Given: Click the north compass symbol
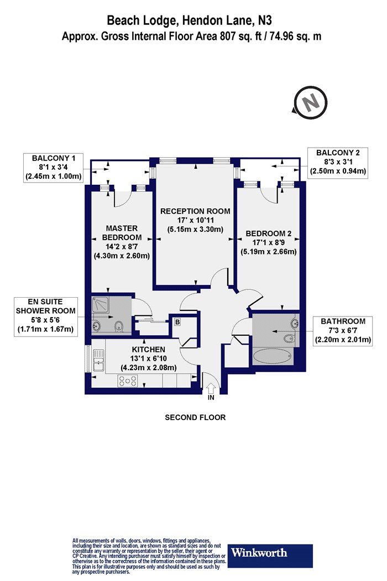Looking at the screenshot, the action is click(x=310, y=102).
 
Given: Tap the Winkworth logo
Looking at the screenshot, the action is click(x=270, y=556).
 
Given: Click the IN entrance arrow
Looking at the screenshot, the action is click(x=211, y=389).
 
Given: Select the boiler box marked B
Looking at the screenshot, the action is click(x=177, y=322).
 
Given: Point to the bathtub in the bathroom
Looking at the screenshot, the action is click(x=272, y=356).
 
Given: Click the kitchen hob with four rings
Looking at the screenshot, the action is click(x=127, y=381).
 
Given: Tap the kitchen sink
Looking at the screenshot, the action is click(x=98, y=361).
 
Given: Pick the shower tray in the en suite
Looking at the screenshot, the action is click(x=100, y=306).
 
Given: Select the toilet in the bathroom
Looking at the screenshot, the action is click(x=289, y=338).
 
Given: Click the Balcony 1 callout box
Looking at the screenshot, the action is click(x=53, y=168).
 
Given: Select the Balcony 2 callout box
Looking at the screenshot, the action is click(x=338, y=163).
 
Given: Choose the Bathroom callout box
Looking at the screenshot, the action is click(x=343, y=330).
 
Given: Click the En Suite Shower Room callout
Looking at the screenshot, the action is click(x=45, y=316).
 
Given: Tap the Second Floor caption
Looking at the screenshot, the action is click(x=195, y=418).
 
